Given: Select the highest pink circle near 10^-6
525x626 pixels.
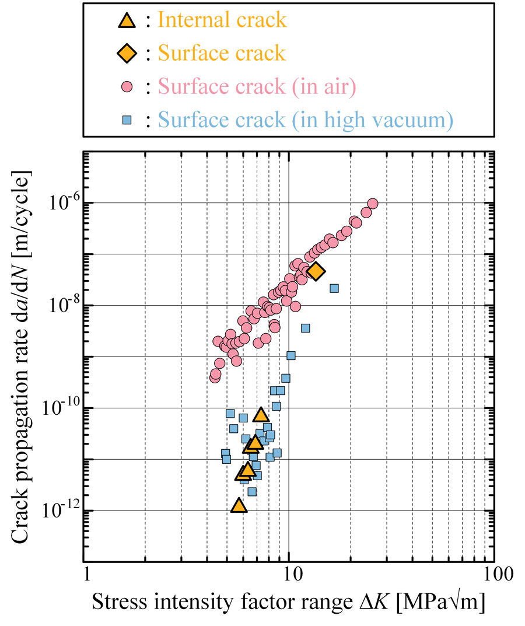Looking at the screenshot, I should pyautogui.click(x=373, y=204).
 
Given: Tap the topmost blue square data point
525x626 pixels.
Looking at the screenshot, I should pyautogui.click(x=334, y=288).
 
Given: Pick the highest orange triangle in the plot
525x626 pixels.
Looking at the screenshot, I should pyautogui.click(x=261, y=415).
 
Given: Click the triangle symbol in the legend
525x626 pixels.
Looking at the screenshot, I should pyautogui.click(x=127, y=21).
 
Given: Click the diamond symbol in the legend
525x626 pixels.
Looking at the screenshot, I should pyautogui.click(x=127, y=54).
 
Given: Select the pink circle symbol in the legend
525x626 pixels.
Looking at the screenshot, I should pyautogui.click(x=127, y=88).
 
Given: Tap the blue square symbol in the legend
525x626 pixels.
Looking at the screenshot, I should pyautogui.click(x=127, y=121).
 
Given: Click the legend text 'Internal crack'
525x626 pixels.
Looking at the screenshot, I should pyautogui.click(x=222, y=20).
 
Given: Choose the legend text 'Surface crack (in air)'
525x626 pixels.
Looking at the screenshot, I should pyautogui.click(x=257, y=88).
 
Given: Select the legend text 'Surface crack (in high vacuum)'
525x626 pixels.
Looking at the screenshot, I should pyautogui.click(x=306, y=121).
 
